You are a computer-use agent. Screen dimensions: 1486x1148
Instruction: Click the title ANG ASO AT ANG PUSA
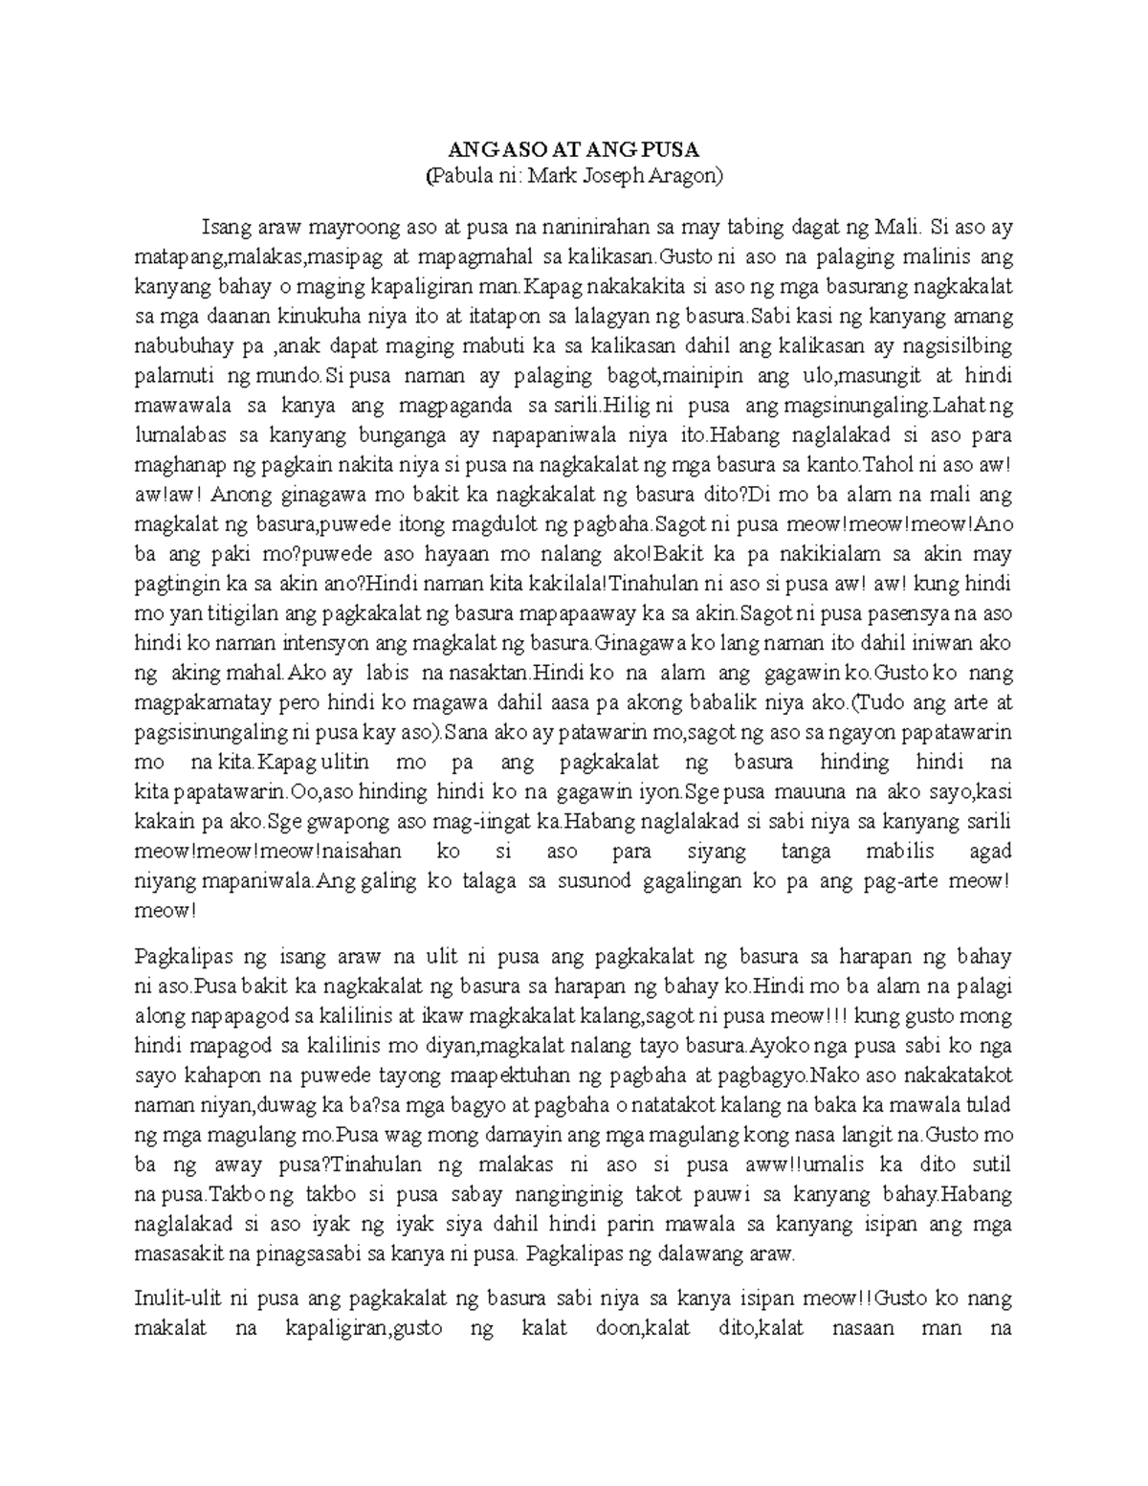point(574,150)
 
